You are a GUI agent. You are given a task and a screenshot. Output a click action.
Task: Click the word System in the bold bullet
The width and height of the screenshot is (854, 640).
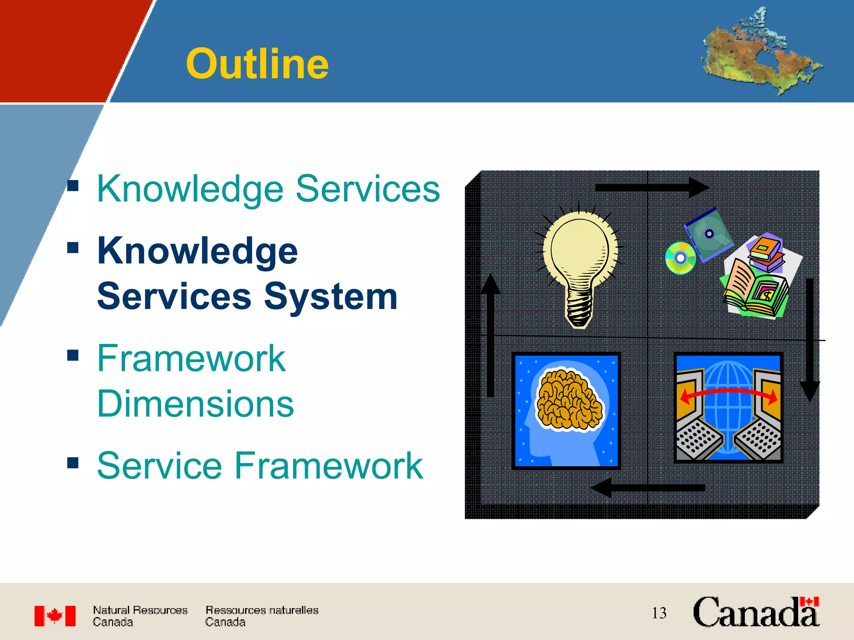point(330,296)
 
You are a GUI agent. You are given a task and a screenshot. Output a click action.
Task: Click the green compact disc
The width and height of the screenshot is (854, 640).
point(681,258)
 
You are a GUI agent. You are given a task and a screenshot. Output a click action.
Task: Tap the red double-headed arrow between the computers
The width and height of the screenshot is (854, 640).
point(728,393)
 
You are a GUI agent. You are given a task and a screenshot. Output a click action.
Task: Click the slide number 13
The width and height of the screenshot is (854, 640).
point(659,613)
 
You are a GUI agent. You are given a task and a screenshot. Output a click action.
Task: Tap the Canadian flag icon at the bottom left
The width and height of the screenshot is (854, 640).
point(55,616)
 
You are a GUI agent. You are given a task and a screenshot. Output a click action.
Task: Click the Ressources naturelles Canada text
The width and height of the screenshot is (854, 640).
point(261,616)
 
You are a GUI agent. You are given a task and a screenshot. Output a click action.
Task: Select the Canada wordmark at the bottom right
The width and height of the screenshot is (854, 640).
point(756,612)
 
